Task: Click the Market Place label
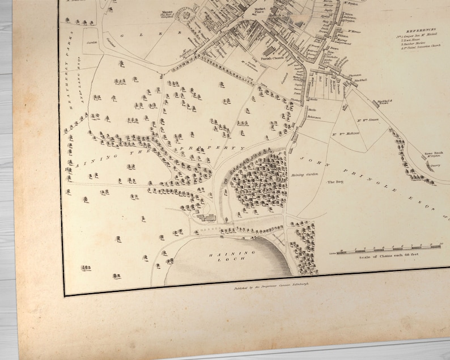pyautogui.click(x=260, y=11)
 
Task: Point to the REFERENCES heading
pyautogui.click(x=421, y=29)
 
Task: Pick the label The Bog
pyautogui.click(x=333, y=183)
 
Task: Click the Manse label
pyautogui.click(x=166, y=11)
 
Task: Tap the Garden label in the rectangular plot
pyautogui.click(x=89, y=42)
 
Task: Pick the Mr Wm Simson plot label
pyautogui.click(x=368, y=121)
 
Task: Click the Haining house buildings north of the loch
pyautogui.click(x=207, y=217)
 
